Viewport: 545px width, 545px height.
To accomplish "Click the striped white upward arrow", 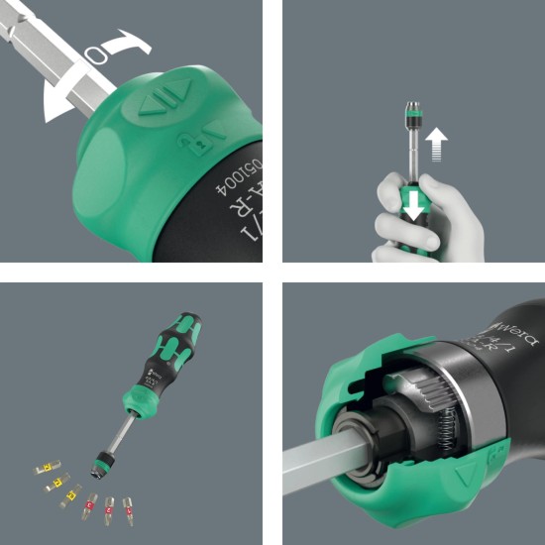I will tap(434, 150).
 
